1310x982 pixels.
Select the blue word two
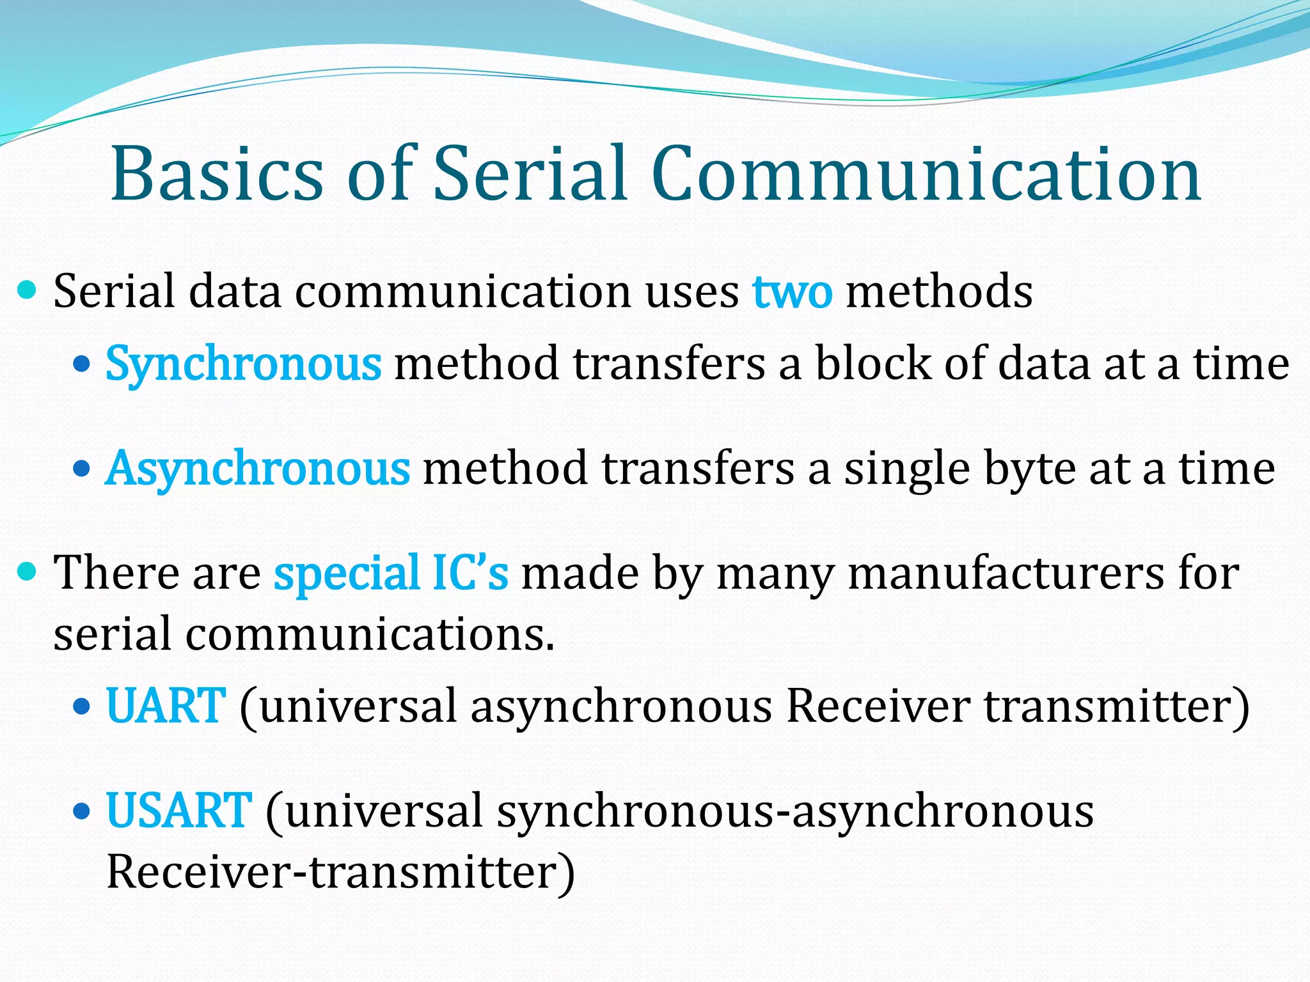[793, 292]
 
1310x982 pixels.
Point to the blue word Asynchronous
[258, 469]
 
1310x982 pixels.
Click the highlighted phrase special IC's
[391, 572]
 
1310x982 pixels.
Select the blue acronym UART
[166, 706]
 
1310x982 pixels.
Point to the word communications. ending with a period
[369, 634]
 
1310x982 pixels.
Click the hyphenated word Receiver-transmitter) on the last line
[340, 872]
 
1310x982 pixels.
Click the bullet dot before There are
[28, 571]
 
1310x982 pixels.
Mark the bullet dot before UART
[83, 706]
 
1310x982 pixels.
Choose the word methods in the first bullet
[938, 292]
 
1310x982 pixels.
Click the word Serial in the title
[530, 174]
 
